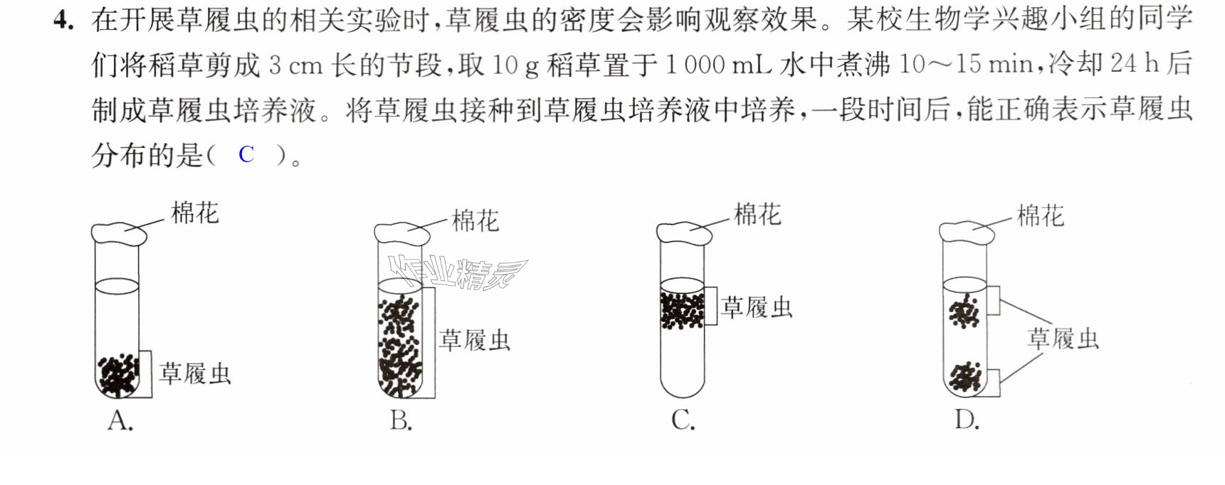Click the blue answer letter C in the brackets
246,154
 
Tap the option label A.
120,421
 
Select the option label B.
401,421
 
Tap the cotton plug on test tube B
402,235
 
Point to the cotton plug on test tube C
684,234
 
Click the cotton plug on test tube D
967,234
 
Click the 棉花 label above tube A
194,213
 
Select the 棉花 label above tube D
1040,215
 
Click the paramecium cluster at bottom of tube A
118,375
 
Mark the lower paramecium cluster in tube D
966,377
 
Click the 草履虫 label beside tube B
475,340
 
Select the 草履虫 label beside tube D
1063,339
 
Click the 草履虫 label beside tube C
757,307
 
